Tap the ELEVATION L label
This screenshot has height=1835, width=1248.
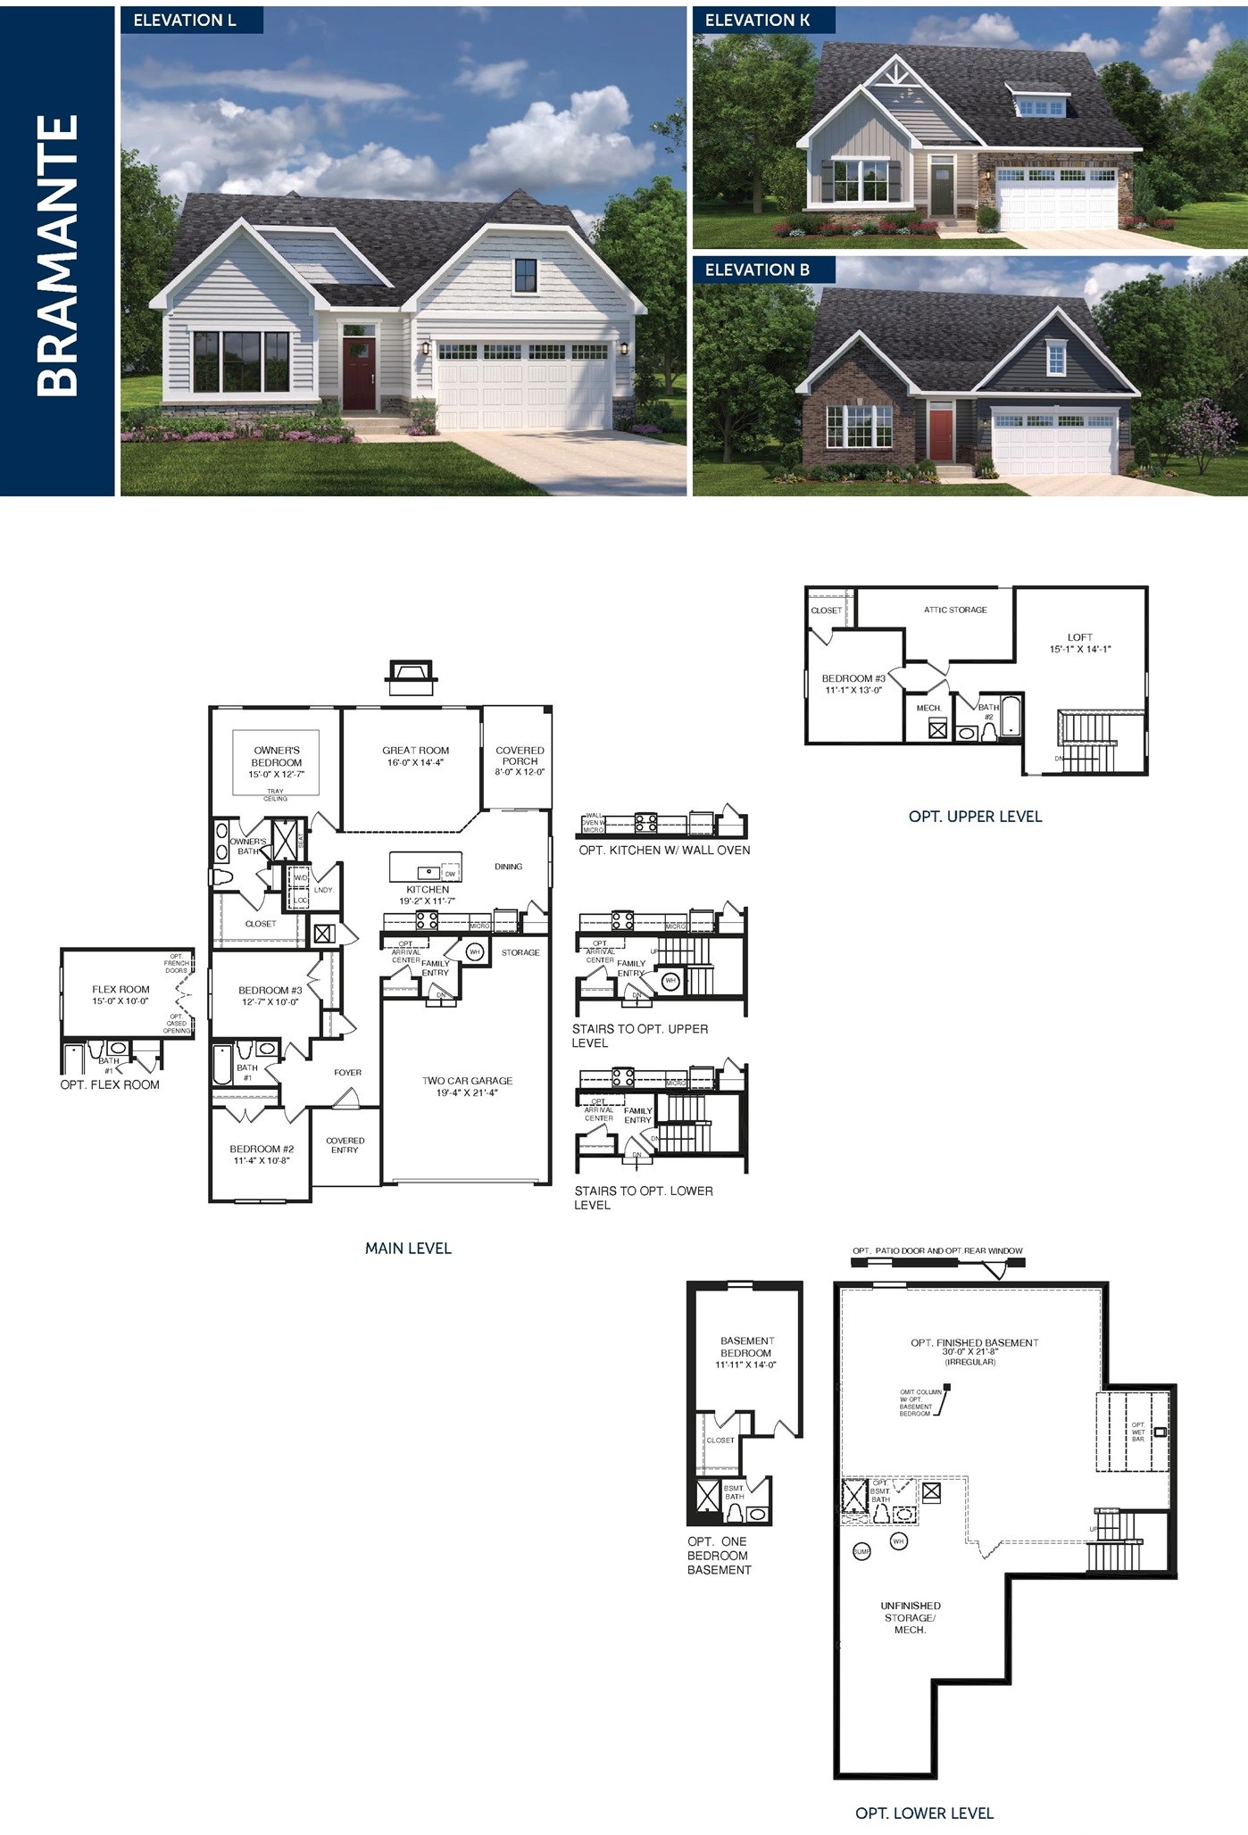185,20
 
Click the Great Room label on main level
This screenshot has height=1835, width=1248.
415,756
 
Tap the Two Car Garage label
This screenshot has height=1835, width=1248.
467,1086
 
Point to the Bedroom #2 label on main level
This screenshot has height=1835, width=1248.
262,1154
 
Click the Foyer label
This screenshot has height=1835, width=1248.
347,1072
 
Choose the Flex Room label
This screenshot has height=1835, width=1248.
121,994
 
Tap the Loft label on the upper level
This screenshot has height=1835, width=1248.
1079,643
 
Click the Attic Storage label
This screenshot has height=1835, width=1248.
955,610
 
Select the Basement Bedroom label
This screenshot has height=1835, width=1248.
746,1351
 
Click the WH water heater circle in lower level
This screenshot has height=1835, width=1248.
899,1540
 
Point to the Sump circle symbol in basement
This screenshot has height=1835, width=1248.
861,1551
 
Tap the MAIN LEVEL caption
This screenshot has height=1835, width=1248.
408,1248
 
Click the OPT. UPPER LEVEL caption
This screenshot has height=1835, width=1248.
975,816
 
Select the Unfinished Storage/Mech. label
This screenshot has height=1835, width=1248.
910,1617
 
